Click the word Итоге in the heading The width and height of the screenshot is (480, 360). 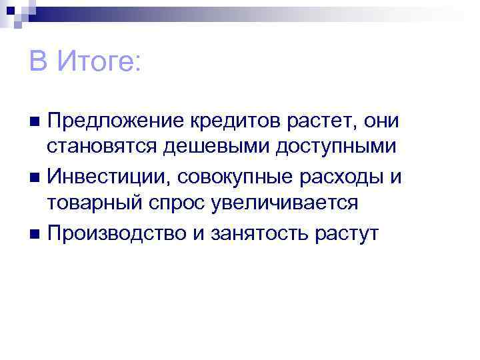pos(99,63)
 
